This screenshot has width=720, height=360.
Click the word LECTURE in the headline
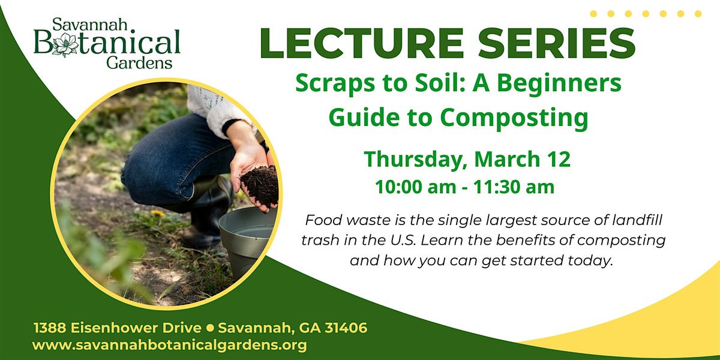pyautogui.click(x=362, y=43)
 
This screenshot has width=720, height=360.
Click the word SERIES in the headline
pyautogui.click(x=557, y=43)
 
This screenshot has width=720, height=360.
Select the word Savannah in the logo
pyautogui.click(x=90, y=25)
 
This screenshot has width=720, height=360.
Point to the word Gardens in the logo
pyautogui.click(x=139, y=62)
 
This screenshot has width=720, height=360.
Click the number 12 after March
pyautogui.click(x=559, y=159)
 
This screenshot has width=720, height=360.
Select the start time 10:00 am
pyautogui.click(x=416, y=187)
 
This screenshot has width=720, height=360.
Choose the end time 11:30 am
pyautogui.click(x=514, y=187)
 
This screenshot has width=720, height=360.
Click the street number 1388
pyautogui.click(x=50, y=328)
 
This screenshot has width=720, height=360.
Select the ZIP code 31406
pyautogui.click(x=346, y=328)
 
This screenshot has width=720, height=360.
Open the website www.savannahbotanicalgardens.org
pyautogui.click(x=169, y=346)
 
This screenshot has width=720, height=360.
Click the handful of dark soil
pyautogui.click(x=259, y=186)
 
